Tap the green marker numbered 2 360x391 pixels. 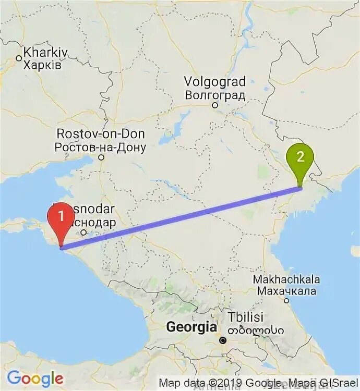[300, 157]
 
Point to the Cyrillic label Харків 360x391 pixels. [43, 65]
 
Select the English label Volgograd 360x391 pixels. [215, 82]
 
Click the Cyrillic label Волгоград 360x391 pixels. [215, 95]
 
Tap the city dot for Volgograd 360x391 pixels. [214, 105]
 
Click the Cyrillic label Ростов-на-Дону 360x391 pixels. [101, 147]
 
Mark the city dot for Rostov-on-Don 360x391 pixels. [101, 157]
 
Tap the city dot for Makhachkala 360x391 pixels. [286, 300]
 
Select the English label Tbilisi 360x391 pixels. [245, 317]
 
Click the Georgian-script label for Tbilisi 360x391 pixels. [255, 330]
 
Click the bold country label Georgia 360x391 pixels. [191, 327]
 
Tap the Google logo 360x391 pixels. [35, 378]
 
